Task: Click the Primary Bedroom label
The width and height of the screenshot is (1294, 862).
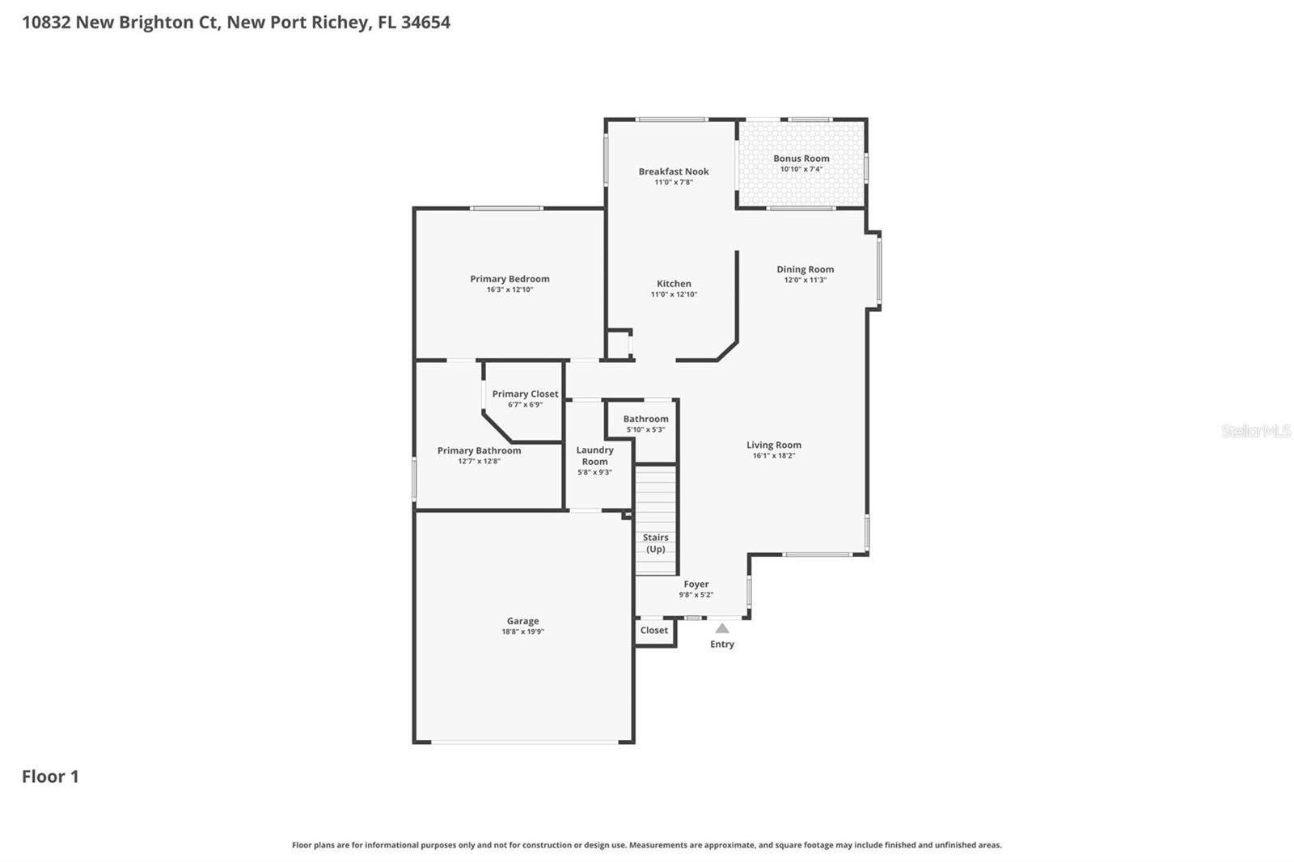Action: pos(510,279)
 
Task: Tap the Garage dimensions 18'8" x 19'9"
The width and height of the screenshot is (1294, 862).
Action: pos(522,632)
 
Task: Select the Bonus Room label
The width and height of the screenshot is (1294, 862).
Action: pos(801,158)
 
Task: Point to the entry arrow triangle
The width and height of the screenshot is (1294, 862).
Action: pos(722,628)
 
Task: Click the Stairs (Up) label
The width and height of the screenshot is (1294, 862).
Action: pos(655,543)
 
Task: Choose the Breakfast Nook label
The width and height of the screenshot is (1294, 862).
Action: pos(674,171)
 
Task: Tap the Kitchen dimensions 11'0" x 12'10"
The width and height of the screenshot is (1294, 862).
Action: pos(674,294)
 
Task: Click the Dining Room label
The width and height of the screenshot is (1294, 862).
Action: pos(805,269)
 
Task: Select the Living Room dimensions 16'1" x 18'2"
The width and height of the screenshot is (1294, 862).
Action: pos(773,456)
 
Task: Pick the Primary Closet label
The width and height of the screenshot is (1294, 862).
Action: pos(525,394)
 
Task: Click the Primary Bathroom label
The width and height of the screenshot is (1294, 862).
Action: pos(479,450)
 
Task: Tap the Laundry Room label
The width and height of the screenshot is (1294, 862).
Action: pos(594,455)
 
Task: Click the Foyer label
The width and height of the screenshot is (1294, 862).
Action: pos(696,584)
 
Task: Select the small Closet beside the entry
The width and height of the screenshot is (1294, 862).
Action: pos(654,631)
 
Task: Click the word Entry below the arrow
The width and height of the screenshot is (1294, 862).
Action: pos(722,644)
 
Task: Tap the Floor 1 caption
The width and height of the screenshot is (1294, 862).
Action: pos(50,776)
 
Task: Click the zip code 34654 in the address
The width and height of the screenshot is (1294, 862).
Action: pos(425,22)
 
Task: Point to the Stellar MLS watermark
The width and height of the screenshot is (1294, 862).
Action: pos(1255,431)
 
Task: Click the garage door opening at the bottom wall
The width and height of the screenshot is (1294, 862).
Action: pos(524,742)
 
